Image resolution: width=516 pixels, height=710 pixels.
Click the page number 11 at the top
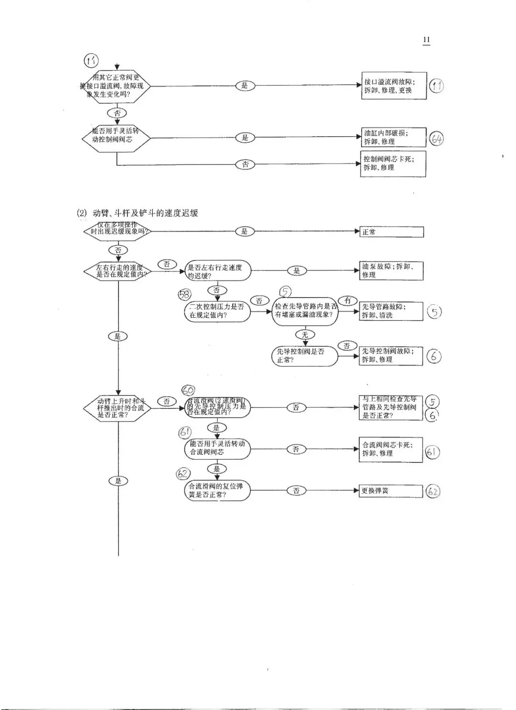pyautogui.click(x=426, y=40)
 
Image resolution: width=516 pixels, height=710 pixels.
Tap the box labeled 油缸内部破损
pyautogui.click(x=393, y=137)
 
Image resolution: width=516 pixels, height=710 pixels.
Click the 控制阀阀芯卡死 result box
pyautogui.click(x=393, y=163)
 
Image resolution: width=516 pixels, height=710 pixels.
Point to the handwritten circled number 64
pyautogui.click(x=436, y=139)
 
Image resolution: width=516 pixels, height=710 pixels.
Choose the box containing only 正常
pyautogui.click(x=391, y=232)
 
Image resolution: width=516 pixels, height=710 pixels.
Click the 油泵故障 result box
pyautogui.click(x=391, y=271)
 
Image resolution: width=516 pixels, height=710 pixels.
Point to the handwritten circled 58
pyautogui.click(x=184, y=294)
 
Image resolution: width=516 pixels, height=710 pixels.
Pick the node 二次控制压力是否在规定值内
pyautogui.click(x=217, y=311)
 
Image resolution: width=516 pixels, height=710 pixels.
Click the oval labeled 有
pyautogui.click(x=348, y=301)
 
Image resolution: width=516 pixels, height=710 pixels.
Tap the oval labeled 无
pyautogui.click(x=305, y=334)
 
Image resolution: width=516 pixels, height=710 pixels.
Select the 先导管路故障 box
pyautogui.click(x=391, y=311)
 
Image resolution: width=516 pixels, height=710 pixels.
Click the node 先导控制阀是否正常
pyautogui.click(x=304, y=356)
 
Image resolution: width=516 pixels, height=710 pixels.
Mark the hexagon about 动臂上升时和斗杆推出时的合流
pyautogui.click(x=118, y=408)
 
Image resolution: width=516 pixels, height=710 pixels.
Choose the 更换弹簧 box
pyautogui.click(x=391, y=491)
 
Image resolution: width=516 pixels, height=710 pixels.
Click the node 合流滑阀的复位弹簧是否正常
pyautogui.click(x=217, y=491)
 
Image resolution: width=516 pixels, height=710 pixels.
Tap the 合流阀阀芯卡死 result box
pyautogui.click(x=391, y=449)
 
